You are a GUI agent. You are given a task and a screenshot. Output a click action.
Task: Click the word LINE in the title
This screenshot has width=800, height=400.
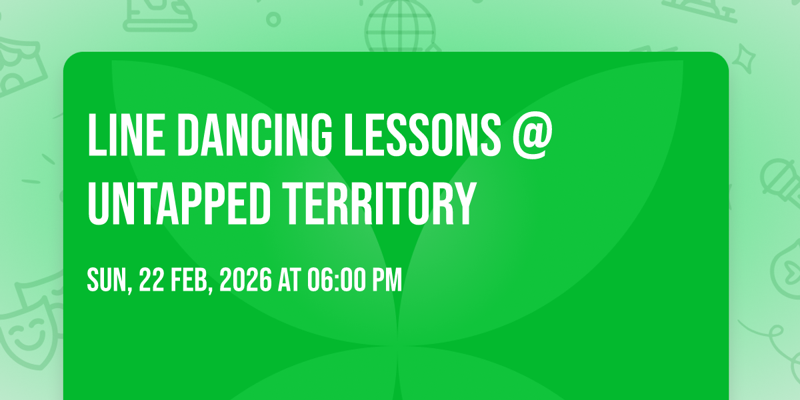(126, 135)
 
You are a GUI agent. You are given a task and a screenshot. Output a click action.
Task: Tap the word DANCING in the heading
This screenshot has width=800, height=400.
(255, 135)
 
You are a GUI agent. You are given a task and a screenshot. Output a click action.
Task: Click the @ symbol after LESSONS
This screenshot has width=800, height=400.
(533, 136)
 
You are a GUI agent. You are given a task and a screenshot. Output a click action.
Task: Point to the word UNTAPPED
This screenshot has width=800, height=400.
(179, 203)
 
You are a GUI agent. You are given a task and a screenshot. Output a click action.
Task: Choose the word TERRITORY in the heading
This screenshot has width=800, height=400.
(379, 203)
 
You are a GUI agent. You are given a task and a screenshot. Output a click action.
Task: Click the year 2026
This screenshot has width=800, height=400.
(245, 280)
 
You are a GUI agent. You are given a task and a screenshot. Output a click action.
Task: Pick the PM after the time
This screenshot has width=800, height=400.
(387, 280)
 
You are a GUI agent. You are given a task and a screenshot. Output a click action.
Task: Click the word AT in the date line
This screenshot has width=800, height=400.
(289, 280)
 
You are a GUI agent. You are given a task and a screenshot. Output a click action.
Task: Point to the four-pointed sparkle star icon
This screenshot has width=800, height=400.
(744, 59)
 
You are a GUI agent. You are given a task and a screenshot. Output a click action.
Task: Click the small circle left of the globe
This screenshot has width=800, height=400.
(273, 19)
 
